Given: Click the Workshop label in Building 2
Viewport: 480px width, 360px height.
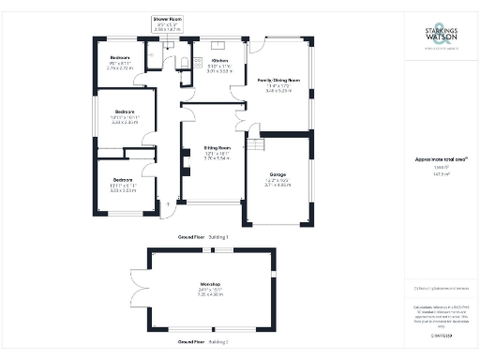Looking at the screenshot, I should (x=209, y=282).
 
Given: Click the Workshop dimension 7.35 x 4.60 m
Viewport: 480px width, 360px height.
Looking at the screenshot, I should (x=209, y=293).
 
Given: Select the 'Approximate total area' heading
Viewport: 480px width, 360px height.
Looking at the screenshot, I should (x=442, y=159).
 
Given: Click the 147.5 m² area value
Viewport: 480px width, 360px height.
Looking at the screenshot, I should (x=442, y=174).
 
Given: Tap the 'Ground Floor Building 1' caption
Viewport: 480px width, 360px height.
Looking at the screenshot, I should (x=202, y=238).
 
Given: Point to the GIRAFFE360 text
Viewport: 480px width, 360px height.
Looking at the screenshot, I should (x=442, y=333).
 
